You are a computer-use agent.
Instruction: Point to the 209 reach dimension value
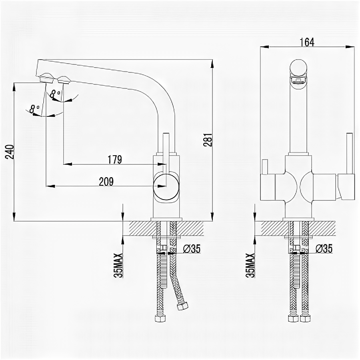(x=106, y=181)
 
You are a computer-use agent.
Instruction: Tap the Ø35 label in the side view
(x=192, y=249)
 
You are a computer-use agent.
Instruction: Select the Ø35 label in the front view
(x=324, y=249)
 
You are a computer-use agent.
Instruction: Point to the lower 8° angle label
(x=35, y=108)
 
